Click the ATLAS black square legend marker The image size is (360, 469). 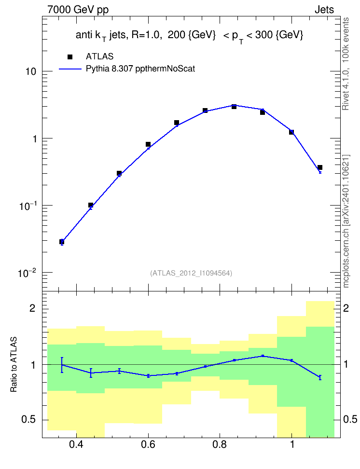[x=70, y=57]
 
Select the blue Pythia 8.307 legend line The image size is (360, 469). [x=70, y=69]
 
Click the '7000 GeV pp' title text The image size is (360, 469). [x=78, y=10]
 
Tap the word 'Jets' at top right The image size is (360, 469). [x=324, y=10]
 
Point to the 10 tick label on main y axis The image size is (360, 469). [x=31, y=71]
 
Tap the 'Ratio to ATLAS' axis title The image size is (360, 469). [x=14, y=364]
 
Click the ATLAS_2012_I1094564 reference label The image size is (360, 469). [x=191, y=273]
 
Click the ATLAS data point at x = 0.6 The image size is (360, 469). [x=148, y=144]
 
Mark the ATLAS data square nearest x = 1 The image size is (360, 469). [x=291, y=132]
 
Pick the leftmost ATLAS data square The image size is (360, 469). [x=62, y=242]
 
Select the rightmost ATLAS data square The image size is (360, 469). [x=320, y=167]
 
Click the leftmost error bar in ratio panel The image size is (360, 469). [x=62, y=365]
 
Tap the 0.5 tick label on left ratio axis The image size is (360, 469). [x=28, y=420]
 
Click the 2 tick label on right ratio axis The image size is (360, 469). [x=346, y=308]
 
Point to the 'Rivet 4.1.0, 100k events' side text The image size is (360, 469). [x=346, y=64]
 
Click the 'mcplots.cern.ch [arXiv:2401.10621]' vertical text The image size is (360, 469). [x=346, y=221]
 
